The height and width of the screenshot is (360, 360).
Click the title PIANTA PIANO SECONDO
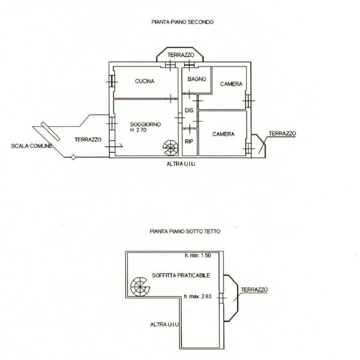(183, 22)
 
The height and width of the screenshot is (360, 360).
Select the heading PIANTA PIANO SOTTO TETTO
(185, 231)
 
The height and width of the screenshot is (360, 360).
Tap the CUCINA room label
(144, 81)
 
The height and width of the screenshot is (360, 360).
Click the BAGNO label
(197, 79)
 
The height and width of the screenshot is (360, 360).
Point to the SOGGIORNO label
(145, 125)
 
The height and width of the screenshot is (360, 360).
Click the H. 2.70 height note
(138, 130)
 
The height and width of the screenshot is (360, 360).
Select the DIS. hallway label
(189, 110)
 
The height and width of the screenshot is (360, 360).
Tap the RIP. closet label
(189, 142)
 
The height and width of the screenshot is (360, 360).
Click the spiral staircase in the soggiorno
(171, 148)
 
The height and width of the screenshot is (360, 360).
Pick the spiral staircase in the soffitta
(139, 287)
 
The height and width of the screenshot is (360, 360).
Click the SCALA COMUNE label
(31, 146)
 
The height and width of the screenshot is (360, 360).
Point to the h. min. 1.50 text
(198, 255)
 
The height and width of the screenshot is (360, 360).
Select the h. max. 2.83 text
(198, 297)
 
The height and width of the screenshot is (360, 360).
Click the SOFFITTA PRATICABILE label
(181, 275)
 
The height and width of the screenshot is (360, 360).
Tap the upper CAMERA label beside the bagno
(231, 84)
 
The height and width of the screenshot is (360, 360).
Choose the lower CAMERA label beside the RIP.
(223, 134)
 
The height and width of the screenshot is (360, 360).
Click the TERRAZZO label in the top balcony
(181, 55)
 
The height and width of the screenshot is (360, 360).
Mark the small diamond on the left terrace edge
(73, 157)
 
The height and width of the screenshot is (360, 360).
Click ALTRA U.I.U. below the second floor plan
(181, 164)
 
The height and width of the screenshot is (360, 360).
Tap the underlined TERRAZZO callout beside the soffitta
(254, 290)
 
